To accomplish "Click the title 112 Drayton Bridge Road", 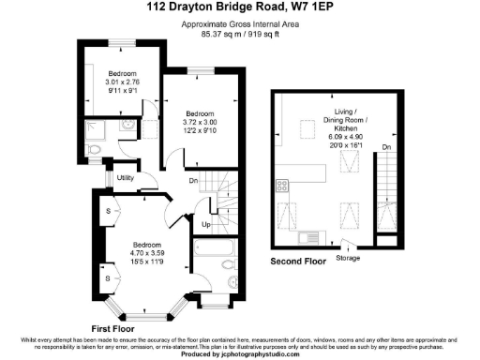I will (x=207, y=7).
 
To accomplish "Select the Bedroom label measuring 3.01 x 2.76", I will (x=122, y=73).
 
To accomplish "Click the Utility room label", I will (x=127, y=178).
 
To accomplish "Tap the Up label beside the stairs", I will (x=205, y=225).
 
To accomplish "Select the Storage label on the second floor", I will (x=347, y=258).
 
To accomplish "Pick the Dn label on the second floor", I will (x=386, y=147).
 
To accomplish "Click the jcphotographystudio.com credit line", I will (x=239, y=354).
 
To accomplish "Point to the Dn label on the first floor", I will (x=193, y=180).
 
